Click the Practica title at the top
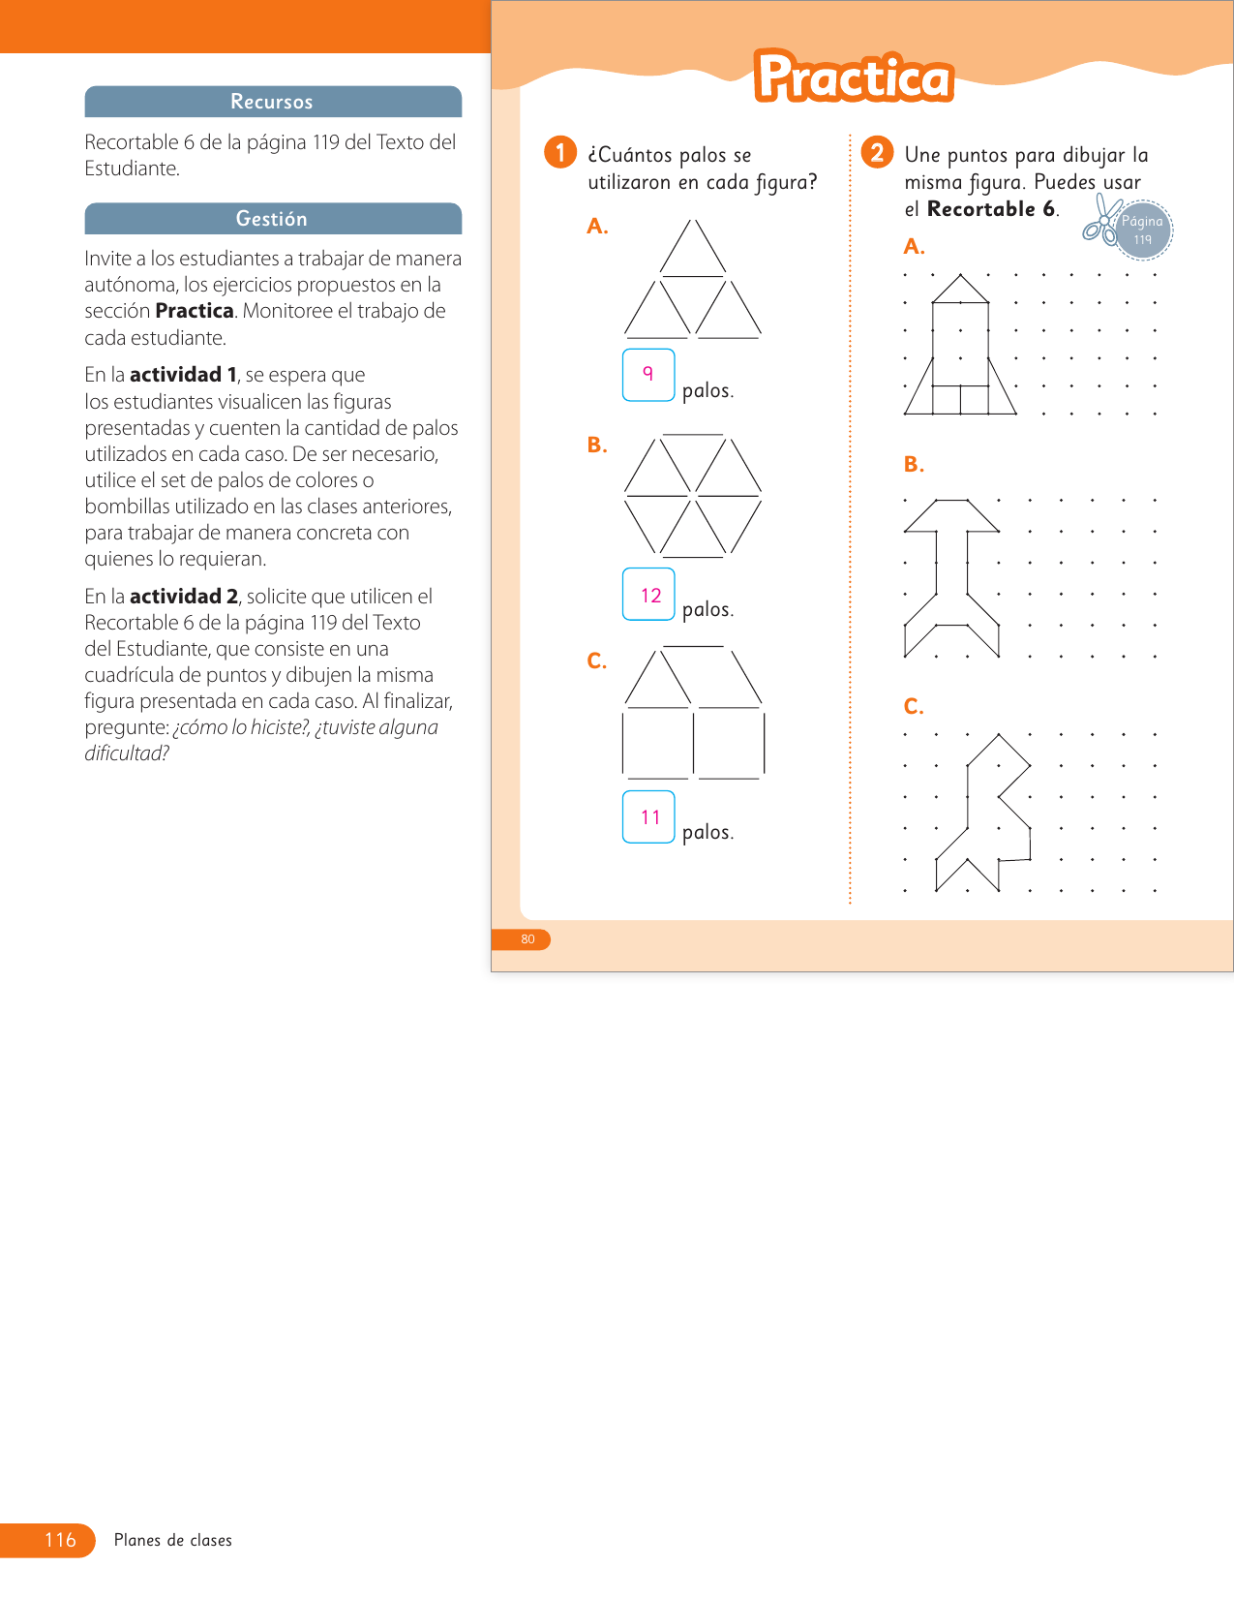pos(854,77)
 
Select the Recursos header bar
pos(273,102)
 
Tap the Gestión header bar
pos(273,219)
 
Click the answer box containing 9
pos(647,375)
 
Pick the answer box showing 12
pos(648,595)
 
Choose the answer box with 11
pos(648,816)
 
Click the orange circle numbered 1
pos(560,152)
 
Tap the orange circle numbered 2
pos(877,152)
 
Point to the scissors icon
pos(1099,220)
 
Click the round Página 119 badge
pos(1143,230)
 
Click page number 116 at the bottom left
pos(59,1540)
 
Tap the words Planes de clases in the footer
pos(173,1540)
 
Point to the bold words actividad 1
pos(184,375)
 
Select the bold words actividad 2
pos(184,597)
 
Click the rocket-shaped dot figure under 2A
pos(960,346)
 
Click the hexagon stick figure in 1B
pos(693,496)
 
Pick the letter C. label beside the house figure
pos(596,661)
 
